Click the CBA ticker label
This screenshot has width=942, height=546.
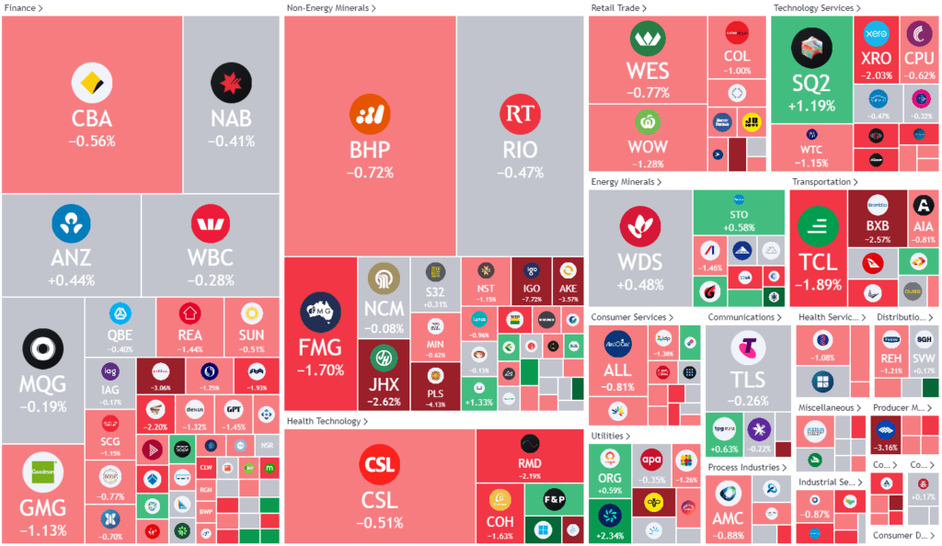coord(92,119)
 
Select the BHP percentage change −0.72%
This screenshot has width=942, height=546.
coord(370,172)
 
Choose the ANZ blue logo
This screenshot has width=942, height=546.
coord(70,223)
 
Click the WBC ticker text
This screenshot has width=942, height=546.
coord(211,256)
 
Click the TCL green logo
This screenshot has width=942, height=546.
coord(818,227)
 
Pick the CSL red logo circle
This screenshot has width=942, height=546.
coord(379,465)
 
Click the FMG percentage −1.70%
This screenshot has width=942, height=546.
coord(320,370)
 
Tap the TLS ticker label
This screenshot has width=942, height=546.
coord(748,380)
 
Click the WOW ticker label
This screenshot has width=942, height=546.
coord(647,147)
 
